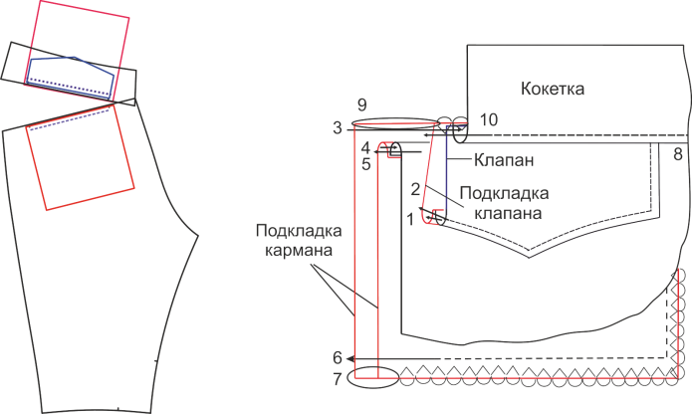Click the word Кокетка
click(553, 89)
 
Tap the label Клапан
click(504, 159)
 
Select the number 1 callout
click(410, 219)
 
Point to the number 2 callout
click(415, 189)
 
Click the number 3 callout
click(338, 127)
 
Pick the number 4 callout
click(365, 147)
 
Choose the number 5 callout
click(366, 164)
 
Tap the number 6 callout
click(338, 358)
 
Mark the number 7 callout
click(338, 379)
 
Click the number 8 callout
click(678, 154)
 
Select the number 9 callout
click(361, 104)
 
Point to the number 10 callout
click(489, 119)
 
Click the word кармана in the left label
click(299, 250)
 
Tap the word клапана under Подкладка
click(508, 213)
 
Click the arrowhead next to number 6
click(350, 359)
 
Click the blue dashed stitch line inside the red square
click(70, 120)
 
